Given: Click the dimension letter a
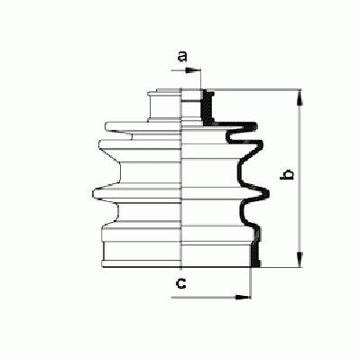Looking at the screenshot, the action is click(x=182, y=56).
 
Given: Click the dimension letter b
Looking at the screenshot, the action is click(x=287, y=175).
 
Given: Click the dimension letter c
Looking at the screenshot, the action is click(x=181, y=283).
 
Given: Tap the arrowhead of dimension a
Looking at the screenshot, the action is click(x=193, y=70).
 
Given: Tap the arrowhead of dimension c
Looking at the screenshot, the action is click(x=243, y=298).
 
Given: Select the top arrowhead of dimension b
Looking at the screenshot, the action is click(x=300, y=97).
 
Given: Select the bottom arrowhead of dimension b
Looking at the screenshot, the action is click(x=300, y=260).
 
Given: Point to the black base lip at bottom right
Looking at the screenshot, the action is click(x=255, y=255).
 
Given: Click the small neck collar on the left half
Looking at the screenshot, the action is click(x=165, y=106).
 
